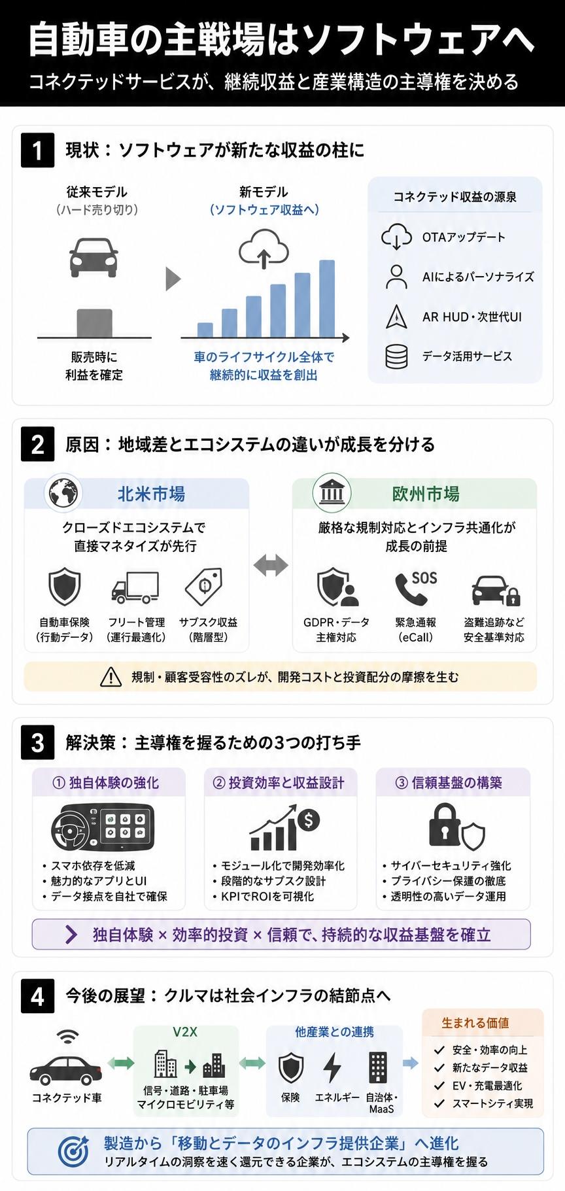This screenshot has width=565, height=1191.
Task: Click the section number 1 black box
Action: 38,150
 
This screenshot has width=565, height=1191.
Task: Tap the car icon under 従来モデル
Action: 94,256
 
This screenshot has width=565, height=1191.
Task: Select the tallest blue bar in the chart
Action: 327,299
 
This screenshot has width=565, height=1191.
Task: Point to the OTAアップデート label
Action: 464,237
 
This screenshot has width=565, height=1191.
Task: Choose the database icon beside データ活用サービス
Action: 396,356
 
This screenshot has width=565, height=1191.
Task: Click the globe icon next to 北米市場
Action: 63,492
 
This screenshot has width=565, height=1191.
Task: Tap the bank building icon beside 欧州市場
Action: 332,492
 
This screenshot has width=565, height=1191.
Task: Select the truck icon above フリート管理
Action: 135,587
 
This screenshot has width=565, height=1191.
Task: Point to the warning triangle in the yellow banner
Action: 111,677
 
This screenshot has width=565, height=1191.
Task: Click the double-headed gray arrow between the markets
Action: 271,565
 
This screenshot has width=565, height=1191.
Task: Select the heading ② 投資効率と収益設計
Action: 279,783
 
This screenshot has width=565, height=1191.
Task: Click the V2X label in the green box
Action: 185,1032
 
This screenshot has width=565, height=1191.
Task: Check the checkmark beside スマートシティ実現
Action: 439,1103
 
